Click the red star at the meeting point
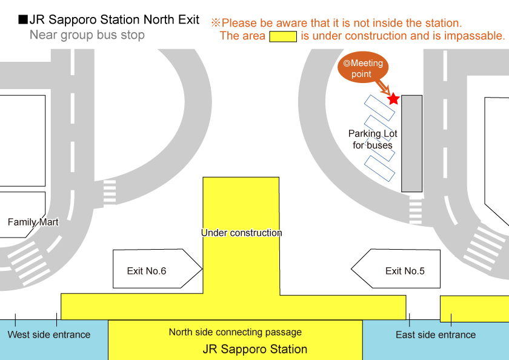(393, 99)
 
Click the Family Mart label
(33, 222)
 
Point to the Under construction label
(241, 233)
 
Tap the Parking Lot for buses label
(373, 139)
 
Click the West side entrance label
(48, 335)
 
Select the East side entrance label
(436, 335)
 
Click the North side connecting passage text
(235, 332)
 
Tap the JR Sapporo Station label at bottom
(254, 350)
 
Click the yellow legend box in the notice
(282, 36)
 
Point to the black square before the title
(23, 20)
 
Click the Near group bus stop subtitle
(87, 35)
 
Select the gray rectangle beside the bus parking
(412, 143)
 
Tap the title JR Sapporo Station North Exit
(115, 19)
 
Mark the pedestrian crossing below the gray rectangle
(415, 209)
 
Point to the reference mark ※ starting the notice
(215, 23)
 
